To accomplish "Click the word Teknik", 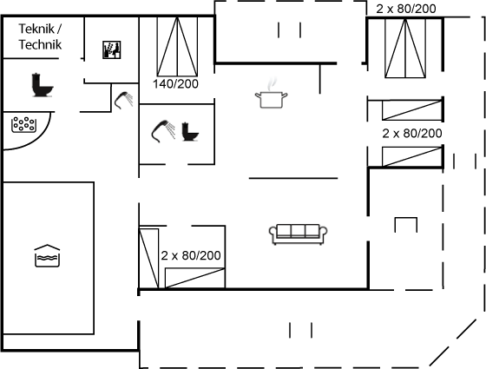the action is [37, 29].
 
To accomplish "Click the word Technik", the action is [40, 44].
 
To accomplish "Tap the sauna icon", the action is [112, 49].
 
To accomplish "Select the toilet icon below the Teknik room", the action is [43, 85].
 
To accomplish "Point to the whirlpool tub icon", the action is [23, 125].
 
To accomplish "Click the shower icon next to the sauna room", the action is [123, 100].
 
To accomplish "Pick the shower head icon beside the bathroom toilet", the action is [163, 131].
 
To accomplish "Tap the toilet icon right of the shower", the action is [190, 131].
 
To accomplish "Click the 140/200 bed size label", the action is [175, 83].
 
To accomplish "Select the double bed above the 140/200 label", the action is [177, 47].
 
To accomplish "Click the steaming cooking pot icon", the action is [271, 93].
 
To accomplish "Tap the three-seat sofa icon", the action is [298, 234].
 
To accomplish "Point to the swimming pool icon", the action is [47, 256].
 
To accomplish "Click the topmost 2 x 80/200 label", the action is [406, 9].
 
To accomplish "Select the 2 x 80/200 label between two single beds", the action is [412, 134].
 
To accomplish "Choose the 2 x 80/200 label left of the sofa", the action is [191, 255].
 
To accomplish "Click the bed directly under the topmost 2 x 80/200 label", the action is [405, 48].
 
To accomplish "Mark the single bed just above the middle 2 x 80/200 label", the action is [412, 110].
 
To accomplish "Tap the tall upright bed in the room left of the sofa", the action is [148, 259].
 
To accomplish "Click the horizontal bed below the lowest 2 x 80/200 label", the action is [194, 278].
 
